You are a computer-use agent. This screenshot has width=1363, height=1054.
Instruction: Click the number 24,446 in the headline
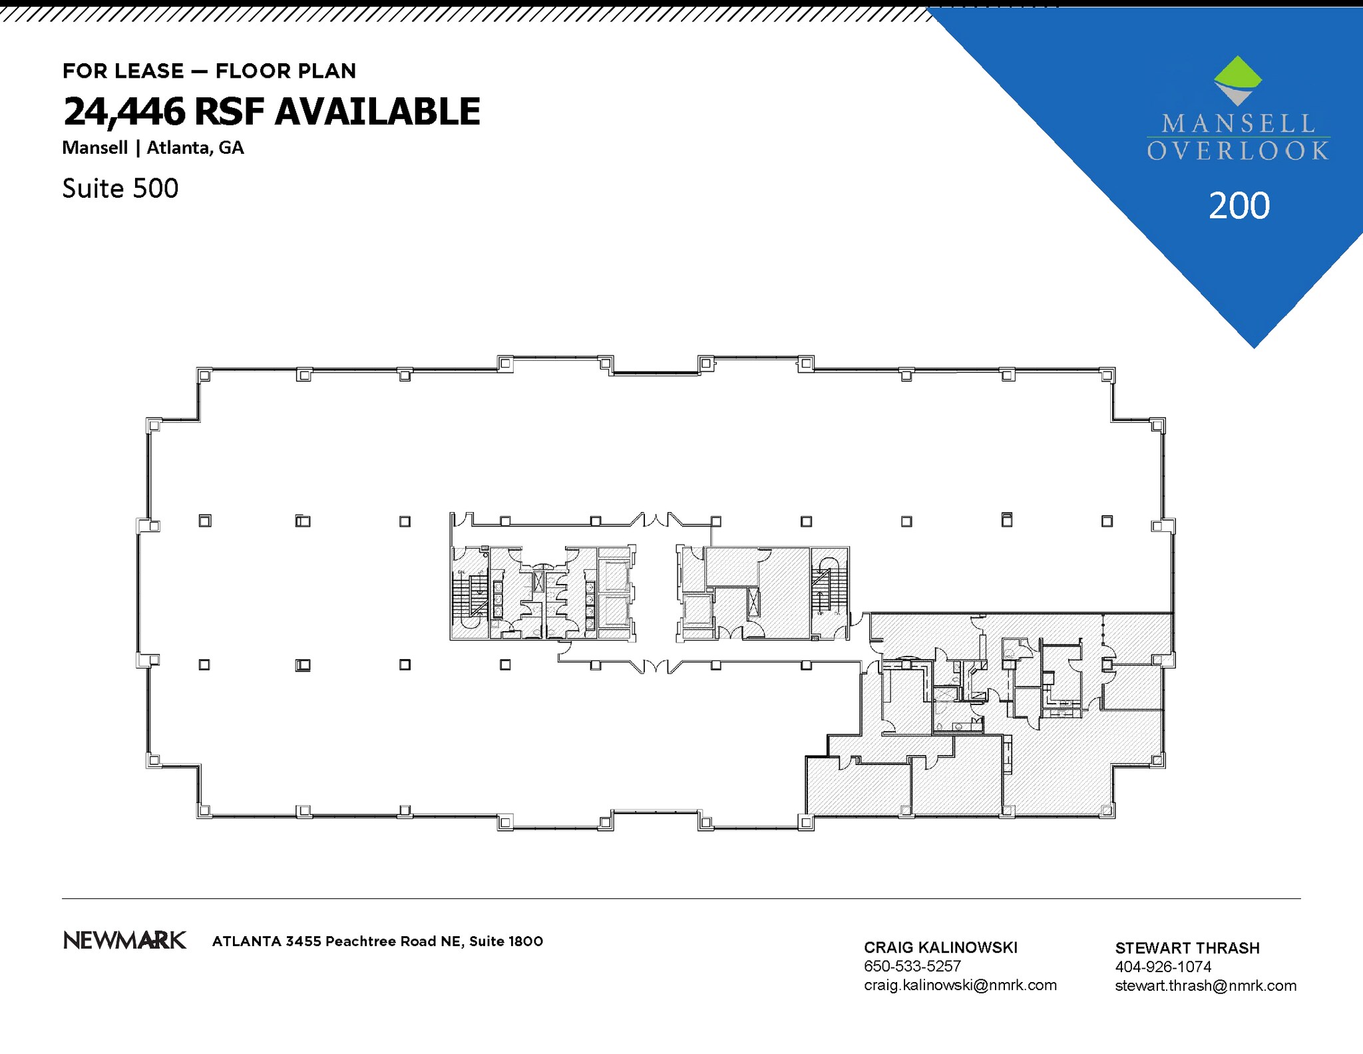click(124, 111)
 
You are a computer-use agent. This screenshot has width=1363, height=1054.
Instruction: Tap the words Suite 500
click(120, 188)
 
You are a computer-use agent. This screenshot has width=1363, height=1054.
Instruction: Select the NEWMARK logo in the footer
click(124, 940)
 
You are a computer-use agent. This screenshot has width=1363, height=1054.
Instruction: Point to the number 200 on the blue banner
click(1239, 206)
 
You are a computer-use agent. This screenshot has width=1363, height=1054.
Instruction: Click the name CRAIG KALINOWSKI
click(940, 947)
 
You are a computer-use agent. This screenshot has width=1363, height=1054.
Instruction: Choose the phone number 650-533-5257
click(912, 966)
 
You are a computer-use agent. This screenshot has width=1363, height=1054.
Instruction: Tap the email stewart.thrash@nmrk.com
click(1205, 985)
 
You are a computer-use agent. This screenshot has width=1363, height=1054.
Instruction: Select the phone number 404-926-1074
click(1163, 967)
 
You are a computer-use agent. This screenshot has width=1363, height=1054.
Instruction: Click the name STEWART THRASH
click(1187, 948)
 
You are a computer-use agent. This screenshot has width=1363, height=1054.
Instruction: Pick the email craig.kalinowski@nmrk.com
click(960, 985)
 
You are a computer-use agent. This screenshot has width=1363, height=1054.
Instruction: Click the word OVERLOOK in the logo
click(1237, 151)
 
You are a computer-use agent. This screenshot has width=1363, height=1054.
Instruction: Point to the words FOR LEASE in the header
click(123, 71)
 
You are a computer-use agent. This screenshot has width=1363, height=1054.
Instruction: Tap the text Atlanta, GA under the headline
click(195, 148)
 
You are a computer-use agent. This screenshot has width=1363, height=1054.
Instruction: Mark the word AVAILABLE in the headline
click(377, 111)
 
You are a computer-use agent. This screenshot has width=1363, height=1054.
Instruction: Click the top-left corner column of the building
click(204, 376)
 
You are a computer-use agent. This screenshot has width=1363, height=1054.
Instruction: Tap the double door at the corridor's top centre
click(656, 519)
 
